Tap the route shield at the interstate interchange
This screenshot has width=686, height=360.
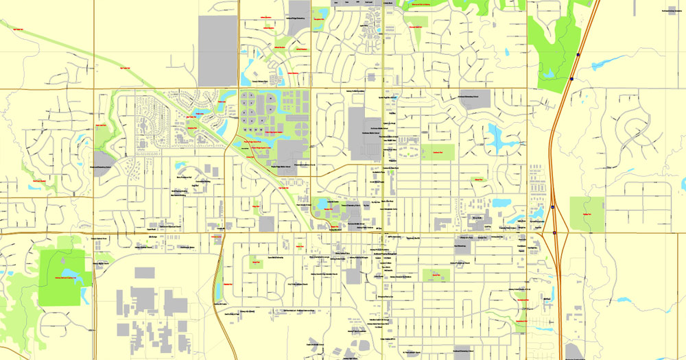click(x=554, y=233)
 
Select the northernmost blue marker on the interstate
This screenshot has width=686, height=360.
click(x=580, y=55)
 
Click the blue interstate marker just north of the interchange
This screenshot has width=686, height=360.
click(x=552, y=206)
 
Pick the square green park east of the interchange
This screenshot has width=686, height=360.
click(x=587, y=213)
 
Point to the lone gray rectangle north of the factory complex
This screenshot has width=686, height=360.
click(x=144, y=273)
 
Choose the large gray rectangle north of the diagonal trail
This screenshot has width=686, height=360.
click(x=217, y=41)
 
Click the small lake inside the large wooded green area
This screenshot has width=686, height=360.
click(x=549, y=72)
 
